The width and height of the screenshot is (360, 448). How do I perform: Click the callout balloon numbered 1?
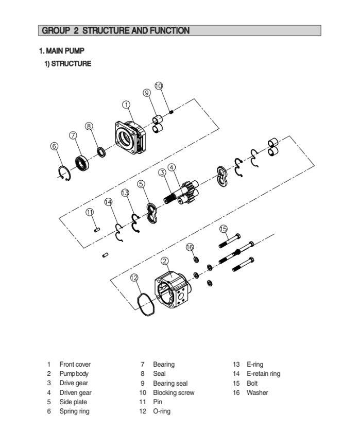coord(126,105)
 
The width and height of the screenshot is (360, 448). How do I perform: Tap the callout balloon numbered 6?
coord(55,146)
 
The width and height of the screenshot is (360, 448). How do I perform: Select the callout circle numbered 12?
coord(134,277)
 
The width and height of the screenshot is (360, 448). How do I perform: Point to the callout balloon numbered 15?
coord(223,228)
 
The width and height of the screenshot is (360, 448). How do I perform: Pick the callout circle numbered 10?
coord(159,85)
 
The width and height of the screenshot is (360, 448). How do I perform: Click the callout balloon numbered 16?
coord(190,247)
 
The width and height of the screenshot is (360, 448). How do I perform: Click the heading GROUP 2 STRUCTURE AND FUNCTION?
coord(115,31)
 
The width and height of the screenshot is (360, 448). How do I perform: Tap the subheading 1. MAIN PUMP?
coord(61,51)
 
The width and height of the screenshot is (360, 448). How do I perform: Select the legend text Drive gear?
coord(74,383)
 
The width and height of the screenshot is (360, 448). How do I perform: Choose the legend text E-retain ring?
coord(263,374)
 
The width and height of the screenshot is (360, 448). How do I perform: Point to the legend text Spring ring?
coord(74,411)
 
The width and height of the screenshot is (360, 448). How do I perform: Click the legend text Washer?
coord(257,392)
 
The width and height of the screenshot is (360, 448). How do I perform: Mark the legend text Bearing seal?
coord(170,383)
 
